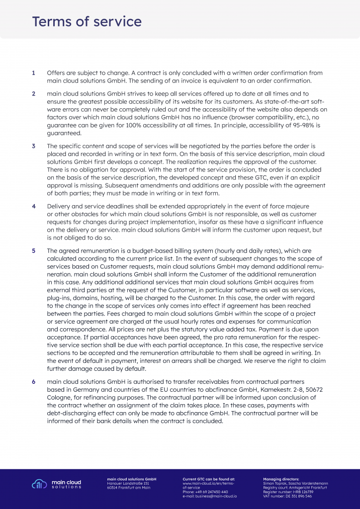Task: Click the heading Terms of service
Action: coord(87,22)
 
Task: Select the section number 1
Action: coord(33,73)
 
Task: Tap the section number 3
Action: coord(33,146)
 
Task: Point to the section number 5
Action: coord(33,251)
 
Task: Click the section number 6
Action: coord(33,381)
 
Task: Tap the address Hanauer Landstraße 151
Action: coord(128,483)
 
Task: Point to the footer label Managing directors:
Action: coord(281,479)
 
